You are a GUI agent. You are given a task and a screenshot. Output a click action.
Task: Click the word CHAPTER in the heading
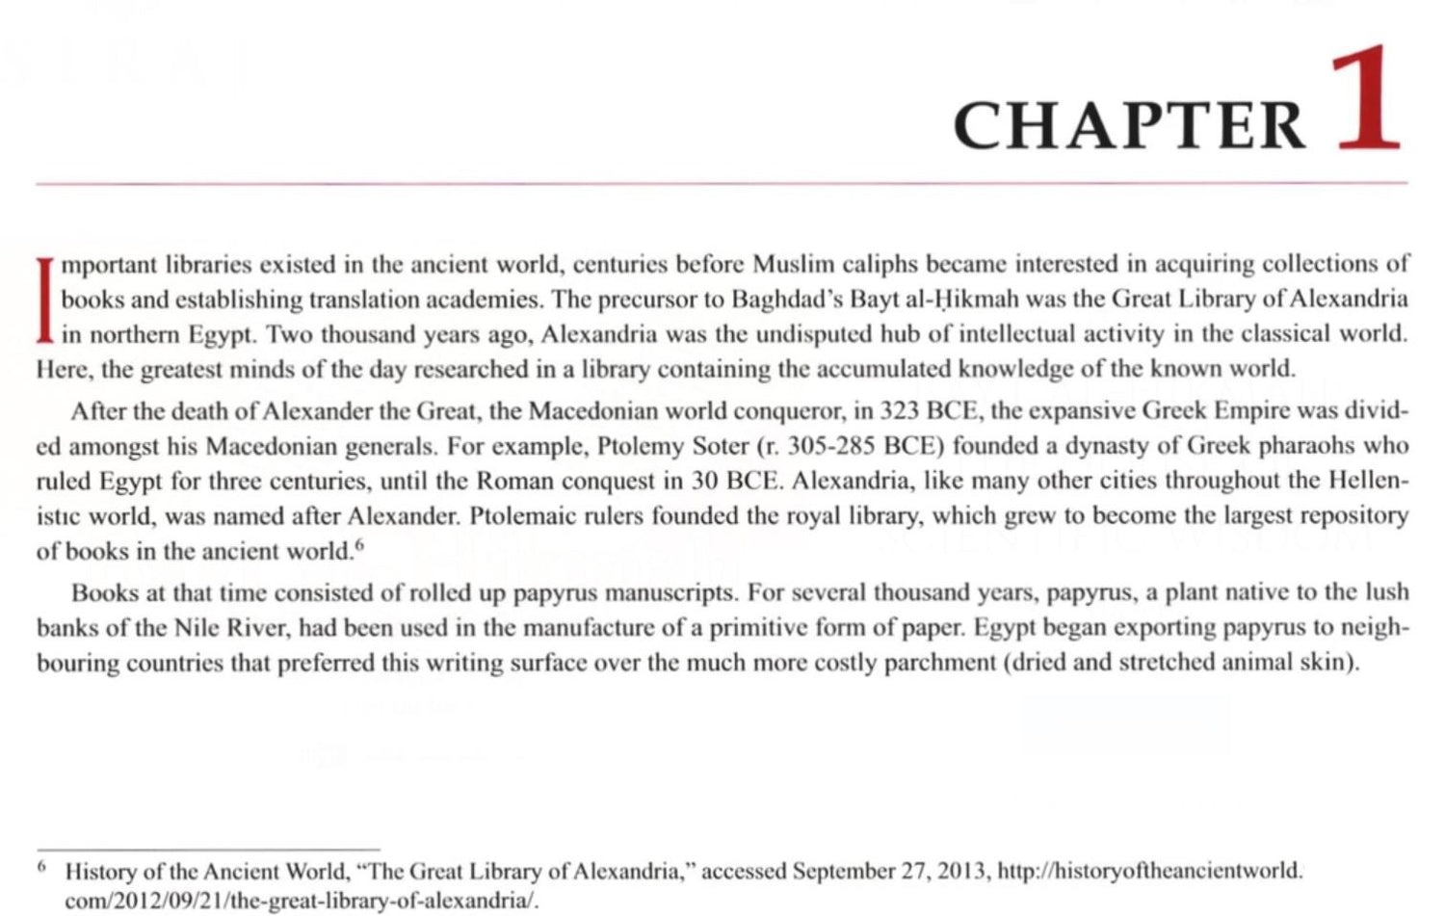1129,126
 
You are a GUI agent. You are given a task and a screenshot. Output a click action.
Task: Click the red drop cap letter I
44,300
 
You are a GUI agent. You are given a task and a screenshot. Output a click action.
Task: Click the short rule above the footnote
208,849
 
